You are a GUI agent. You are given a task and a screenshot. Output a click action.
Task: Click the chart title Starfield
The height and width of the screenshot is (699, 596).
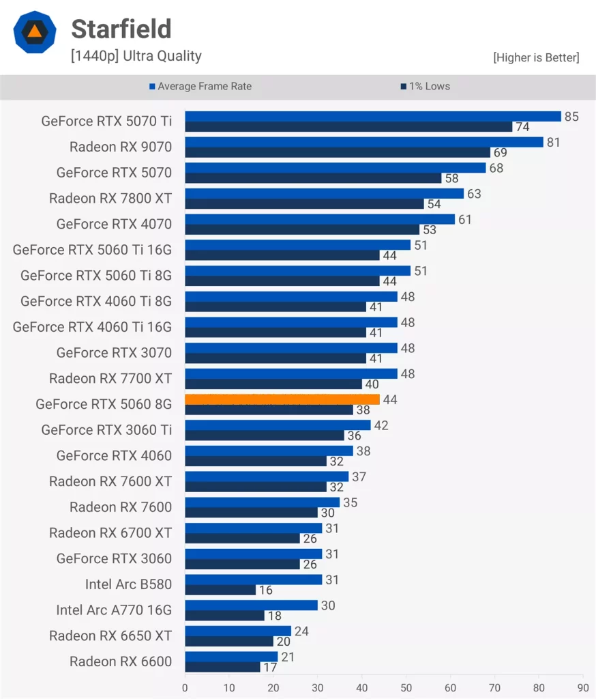click(x=121, y=29)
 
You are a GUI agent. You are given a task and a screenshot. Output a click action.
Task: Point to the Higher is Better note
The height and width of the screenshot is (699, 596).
click(x=536, y=57)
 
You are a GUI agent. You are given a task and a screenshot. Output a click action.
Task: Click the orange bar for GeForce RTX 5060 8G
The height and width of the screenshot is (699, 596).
click(x=282, y=399)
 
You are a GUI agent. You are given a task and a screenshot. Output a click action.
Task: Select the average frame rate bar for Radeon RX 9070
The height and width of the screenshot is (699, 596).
click(x=363, y=142)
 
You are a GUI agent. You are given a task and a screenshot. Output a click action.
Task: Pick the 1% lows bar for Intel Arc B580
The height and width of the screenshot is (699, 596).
click(x=220, y=590)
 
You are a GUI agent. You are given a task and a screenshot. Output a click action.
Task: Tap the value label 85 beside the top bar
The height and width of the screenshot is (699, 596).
click(x=571, y=117)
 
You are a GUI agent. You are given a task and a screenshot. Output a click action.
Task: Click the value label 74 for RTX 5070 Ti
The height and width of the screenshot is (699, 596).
click(x=522, y=127)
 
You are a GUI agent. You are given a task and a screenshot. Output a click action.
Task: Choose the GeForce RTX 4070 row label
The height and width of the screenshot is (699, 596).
click(x=114, y=224)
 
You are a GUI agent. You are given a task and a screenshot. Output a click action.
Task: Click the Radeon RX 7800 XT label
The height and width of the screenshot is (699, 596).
click(x=110, y=198)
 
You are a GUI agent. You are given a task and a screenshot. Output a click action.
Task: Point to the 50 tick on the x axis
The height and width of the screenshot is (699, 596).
click(x=406, y=687)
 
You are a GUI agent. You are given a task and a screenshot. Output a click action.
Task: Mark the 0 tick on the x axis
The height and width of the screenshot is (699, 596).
click(x=185, y=687)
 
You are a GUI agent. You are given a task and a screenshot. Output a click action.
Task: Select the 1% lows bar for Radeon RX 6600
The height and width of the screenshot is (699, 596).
click(x=222, y=667)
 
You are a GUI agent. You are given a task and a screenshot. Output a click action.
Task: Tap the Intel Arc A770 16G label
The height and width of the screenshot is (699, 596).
click(x=114, y=610)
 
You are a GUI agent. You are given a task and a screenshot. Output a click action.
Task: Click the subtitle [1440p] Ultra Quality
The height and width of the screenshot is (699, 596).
click(x=136, y=56)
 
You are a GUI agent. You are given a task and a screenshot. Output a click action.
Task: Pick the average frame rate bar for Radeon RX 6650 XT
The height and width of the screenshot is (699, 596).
click(x=238, y=631)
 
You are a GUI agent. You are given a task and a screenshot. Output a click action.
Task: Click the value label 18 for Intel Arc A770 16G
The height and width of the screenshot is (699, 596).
click(x=274, y=616)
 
